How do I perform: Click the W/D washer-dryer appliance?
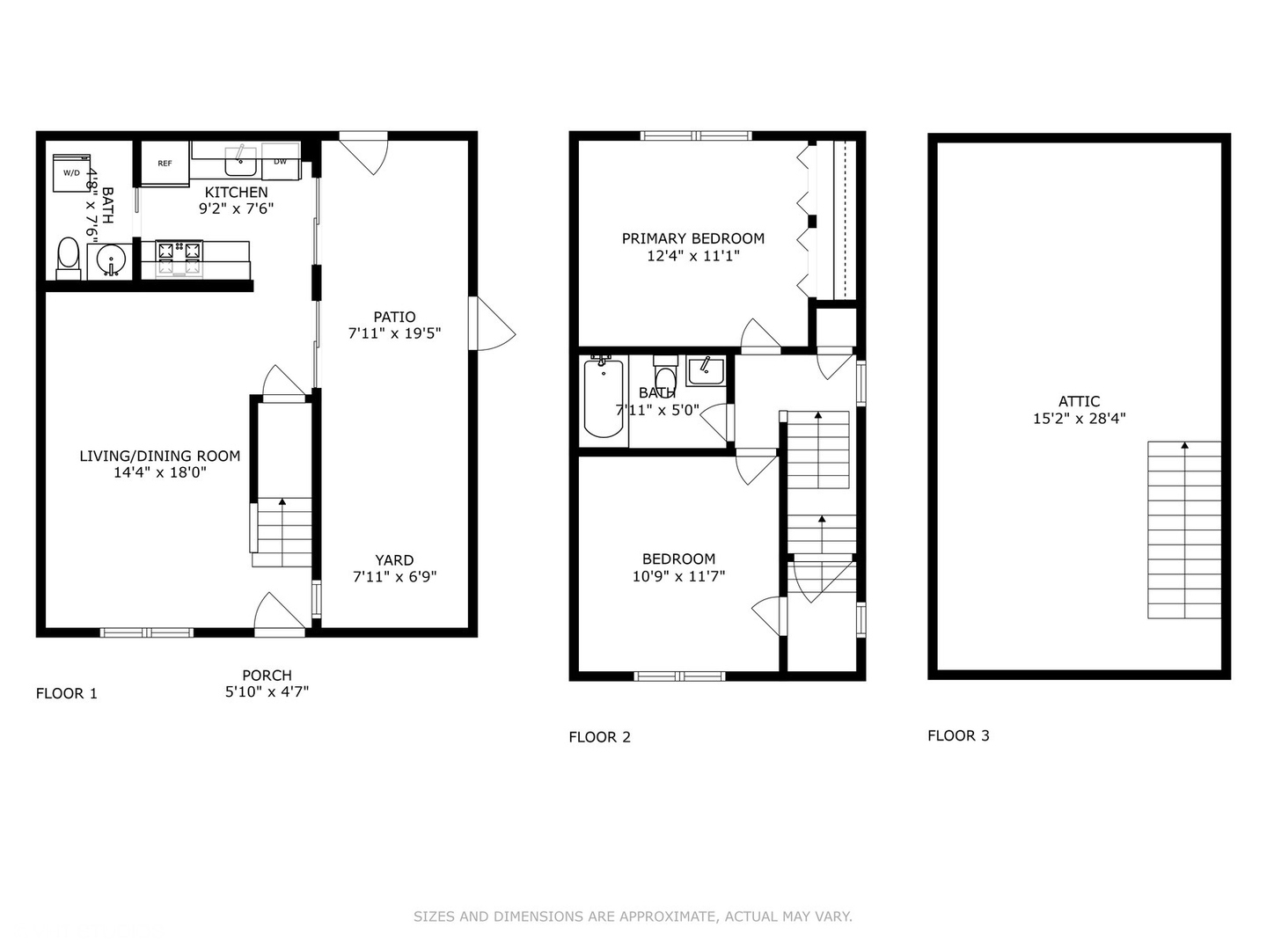click(71, 172)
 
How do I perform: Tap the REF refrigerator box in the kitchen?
click(165, 164)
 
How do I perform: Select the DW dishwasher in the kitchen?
click(281, 162)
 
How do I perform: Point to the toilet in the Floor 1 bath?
click(69, 259)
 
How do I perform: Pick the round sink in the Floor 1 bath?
click(110, 261)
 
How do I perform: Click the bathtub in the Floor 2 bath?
click(604, 398)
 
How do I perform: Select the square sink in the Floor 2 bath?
click(706, 371)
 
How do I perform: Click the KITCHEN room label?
click(236, 192)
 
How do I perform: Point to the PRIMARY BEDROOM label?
click(692, 238)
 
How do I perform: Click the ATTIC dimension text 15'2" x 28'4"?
click(1079, 418)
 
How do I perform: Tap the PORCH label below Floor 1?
click(267, 675)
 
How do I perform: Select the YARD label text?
click(394, 560)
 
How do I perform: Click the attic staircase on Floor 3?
click(1184, 530)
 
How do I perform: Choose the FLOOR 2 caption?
click(600, 737)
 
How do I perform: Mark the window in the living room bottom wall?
click(147, 632)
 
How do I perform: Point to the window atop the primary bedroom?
click(696, 135)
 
